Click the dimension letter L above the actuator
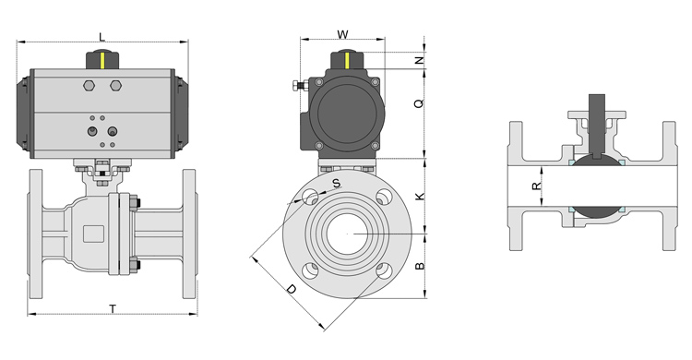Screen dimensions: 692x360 click(x=101, y=36)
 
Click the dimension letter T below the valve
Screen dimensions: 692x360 click(x=113, y=308)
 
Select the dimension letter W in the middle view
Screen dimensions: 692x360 click(x=342, y=34)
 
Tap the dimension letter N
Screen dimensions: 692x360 click(x=420, y=61)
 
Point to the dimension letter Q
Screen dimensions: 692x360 click(x=419, y=103)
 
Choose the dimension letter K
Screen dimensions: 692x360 click(x=420, y=196)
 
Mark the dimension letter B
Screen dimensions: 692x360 click(x=420, y=266)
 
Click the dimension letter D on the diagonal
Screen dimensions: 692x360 click(x=292, y=289)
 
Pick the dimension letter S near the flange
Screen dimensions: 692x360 click(x=337, y=184)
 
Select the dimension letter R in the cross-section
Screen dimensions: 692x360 click(x=536, y=186)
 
